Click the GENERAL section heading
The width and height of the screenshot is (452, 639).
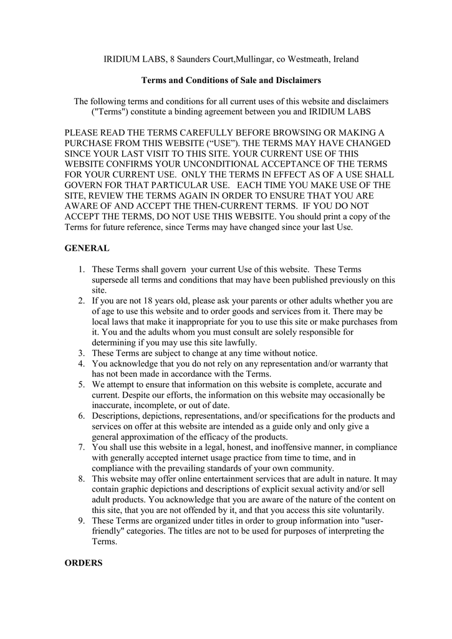(x=87, y=248)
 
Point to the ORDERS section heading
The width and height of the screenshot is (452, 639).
(x=84, y=563)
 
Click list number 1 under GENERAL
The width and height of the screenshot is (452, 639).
(x=82, y=269)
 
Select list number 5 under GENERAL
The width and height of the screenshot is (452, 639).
(x=82, y=384)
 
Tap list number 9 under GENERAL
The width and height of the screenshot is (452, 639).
(x=82, y=521)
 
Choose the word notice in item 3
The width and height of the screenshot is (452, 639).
(x=304, y=353)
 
